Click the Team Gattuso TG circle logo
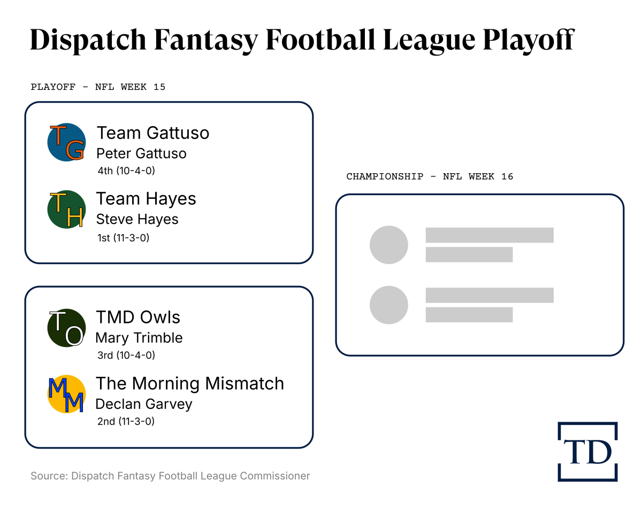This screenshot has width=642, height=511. (67, 142)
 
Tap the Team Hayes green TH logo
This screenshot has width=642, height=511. (67, 209)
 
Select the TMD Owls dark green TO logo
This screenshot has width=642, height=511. (67, 328)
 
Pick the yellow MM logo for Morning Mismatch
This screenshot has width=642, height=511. (67, 394)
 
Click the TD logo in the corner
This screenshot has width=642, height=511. (587, 452)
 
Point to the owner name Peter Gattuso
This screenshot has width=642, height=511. (141, 153)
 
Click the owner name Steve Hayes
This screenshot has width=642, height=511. (137, 219)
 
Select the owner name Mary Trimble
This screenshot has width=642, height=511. (139, 338)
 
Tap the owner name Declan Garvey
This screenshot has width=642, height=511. (143, 404)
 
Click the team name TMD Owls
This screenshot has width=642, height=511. (138, 317)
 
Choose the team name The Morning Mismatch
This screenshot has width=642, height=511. (189, 383)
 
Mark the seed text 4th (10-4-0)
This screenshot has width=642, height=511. (126, 171)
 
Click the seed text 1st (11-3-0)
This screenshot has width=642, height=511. (123, 237)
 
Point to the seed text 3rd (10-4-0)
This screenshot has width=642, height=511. (126, 355)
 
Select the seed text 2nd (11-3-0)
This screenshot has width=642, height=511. (126, 421)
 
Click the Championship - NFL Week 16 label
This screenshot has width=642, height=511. (430, 176)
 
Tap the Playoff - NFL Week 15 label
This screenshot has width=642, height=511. (98, 87)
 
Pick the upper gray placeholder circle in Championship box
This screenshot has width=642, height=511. (389, 245)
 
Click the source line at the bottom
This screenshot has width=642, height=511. (170, 476)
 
